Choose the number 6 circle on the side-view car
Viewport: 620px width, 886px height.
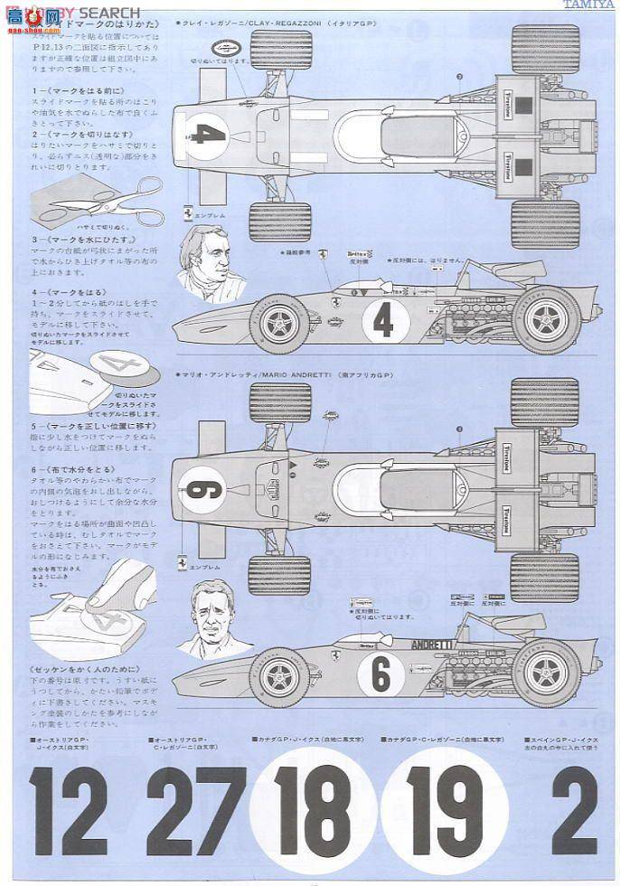point(380,674)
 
